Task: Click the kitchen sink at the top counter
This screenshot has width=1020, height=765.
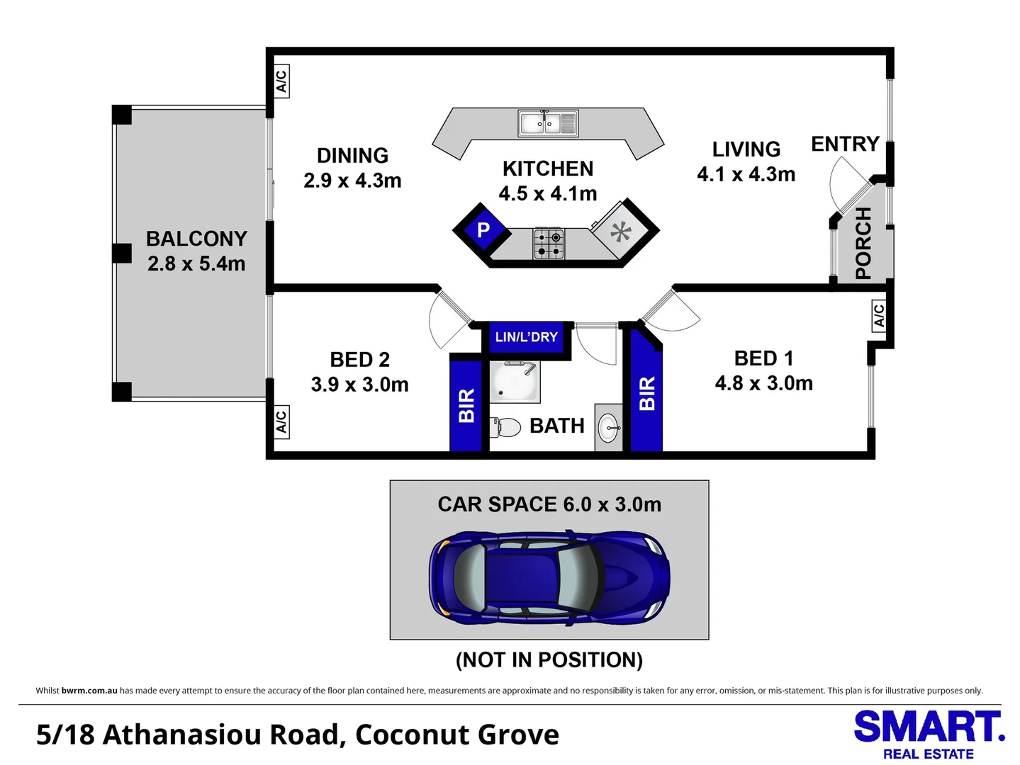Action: point(548,123)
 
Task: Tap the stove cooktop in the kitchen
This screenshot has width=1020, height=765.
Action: point(549,244)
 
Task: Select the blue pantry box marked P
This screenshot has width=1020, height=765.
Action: point(483,229)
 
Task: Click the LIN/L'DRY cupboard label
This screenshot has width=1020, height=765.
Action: point(526,337)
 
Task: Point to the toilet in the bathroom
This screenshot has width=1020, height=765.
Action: point(506,427)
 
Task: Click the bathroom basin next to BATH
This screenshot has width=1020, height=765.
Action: point(608,428)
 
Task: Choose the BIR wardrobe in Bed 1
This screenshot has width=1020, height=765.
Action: point(646,394)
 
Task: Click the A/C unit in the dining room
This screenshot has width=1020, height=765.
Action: point(281,81)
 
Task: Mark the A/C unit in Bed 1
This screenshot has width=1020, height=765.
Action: point(878,314)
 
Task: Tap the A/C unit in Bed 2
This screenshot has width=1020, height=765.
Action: point(281,421)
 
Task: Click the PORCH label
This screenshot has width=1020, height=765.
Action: point(863,243)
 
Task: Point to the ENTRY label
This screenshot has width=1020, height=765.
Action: point(845,144)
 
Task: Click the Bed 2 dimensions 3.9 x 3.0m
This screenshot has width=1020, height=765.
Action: point(359,385)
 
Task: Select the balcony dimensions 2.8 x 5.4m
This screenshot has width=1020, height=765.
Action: point(196,263)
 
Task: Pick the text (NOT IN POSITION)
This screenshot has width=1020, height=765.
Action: point(549,660)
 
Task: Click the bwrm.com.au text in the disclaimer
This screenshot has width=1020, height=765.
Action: point(89,691)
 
